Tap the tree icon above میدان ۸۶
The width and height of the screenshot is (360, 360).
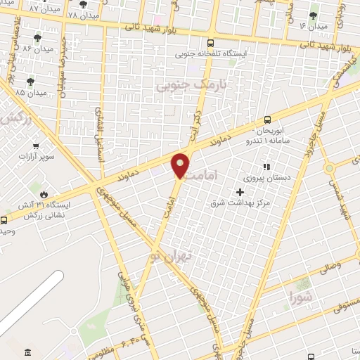click(x=37, y=37)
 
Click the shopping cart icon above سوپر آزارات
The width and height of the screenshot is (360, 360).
click(x=32, y=143)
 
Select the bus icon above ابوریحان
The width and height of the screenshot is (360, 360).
click(x=266, y=120)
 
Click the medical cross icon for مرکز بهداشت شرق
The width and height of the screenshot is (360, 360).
click(x=240, y=192)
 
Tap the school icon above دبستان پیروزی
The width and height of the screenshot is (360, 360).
click(x=266, y=167)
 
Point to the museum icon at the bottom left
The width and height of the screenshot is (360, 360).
click(x=27, y=352)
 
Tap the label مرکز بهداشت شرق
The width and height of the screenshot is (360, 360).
click(x=240, y=203)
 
